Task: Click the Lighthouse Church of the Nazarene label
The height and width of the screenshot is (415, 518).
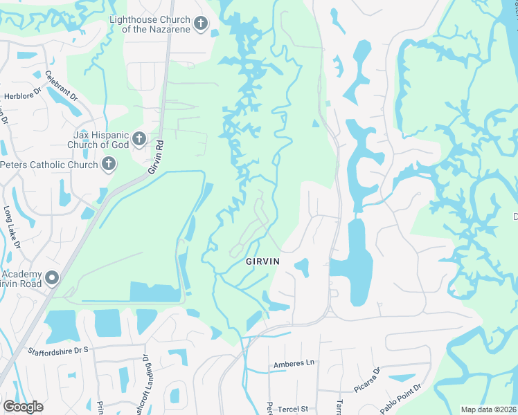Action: pyautogui.click(x=150, y=24)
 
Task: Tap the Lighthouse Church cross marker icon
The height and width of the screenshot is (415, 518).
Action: pyautogui.click(x=201, y=25)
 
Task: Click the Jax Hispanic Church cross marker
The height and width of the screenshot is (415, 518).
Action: pyautogui.click(x=139, y=140)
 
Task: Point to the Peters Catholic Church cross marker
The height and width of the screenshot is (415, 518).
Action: pyautogui.click(x=108, y=165)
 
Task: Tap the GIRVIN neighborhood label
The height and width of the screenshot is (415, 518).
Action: pyautogui.click(x=263, y=262)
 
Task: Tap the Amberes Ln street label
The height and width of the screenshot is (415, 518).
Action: pyautogui.click(x=294, y=363)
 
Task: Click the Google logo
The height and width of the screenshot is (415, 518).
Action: pyautogui.click(x=23, y=407)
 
